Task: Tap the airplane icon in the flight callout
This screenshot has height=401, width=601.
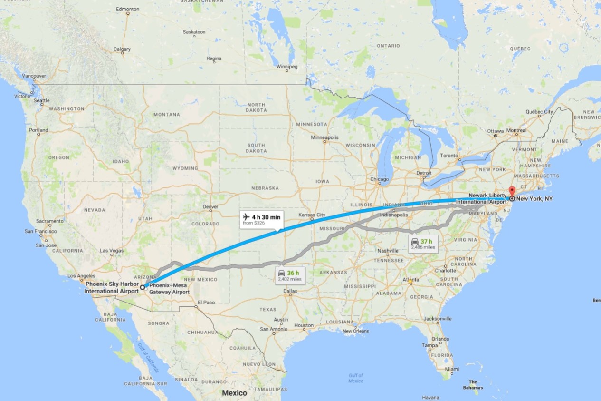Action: tap(246, 217)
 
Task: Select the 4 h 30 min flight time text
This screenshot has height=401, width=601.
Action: tap(266, 217)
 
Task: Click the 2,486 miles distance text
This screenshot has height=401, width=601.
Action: tap(423, 247)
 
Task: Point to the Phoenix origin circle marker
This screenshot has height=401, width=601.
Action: tap(142, 288)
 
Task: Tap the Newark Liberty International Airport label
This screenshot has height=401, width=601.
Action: tap(481, 199)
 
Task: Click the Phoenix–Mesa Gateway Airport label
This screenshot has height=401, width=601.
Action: tap(170, 289)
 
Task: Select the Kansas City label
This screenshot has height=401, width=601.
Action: tap(312, 215)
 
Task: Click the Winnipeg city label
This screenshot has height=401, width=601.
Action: tap(286, 67)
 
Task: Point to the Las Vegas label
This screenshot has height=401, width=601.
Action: tap(112, 250)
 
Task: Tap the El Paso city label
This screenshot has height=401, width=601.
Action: tap(206, 302)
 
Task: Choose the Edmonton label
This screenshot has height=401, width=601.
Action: tap(128, 9)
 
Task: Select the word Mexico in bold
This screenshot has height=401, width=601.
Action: tap(235, 393)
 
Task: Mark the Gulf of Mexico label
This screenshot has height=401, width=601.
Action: tap(355, 378)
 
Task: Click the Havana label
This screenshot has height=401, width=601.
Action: tap(431, 398)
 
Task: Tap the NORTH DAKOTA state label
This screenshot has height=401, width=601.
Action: tap(256, 108)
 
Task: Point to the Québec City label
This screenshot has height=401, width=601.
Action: tap(539, 112)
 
